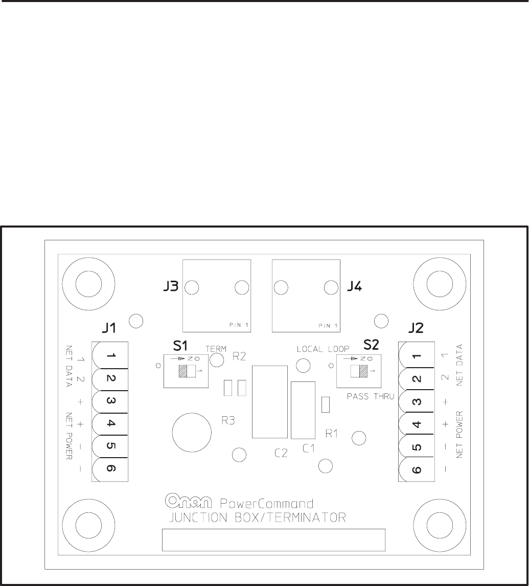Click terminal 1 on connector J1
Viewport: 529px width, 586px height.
tap(110, 356)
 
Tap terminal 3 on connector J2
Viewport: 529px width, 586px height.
tap(417, 401)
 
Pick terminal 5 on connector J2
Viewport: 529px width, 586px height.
tap(417, 446)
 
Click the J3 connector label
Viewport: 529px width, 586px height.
tap(171, 287)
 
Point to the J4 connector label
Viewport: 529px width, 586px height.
tap(354, 287)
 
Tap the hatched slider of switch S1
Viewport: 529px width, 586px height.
tap(182, 371)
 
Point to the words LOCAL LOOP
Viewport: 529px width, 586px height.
tap(323, 349)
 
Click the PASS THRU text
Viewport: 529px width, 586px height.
tap(369, 396)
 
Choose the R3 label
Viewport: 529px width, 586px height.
tap(228, 420)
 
